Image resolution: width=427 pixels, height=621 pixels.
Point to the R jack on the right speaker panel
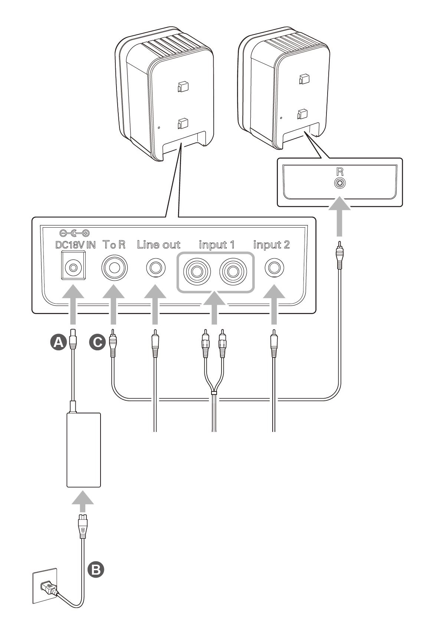pos(340,183)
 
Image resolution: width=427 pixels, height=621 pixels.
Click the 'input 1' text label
pos(217,245)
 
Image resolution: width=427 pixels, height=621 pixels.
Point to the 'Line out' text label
pos(158,245)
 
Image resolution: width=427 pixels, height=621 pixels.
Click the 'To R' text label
pos(114,245)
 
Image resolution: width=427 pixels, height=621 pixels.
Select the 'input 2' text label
pos(271,245)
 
